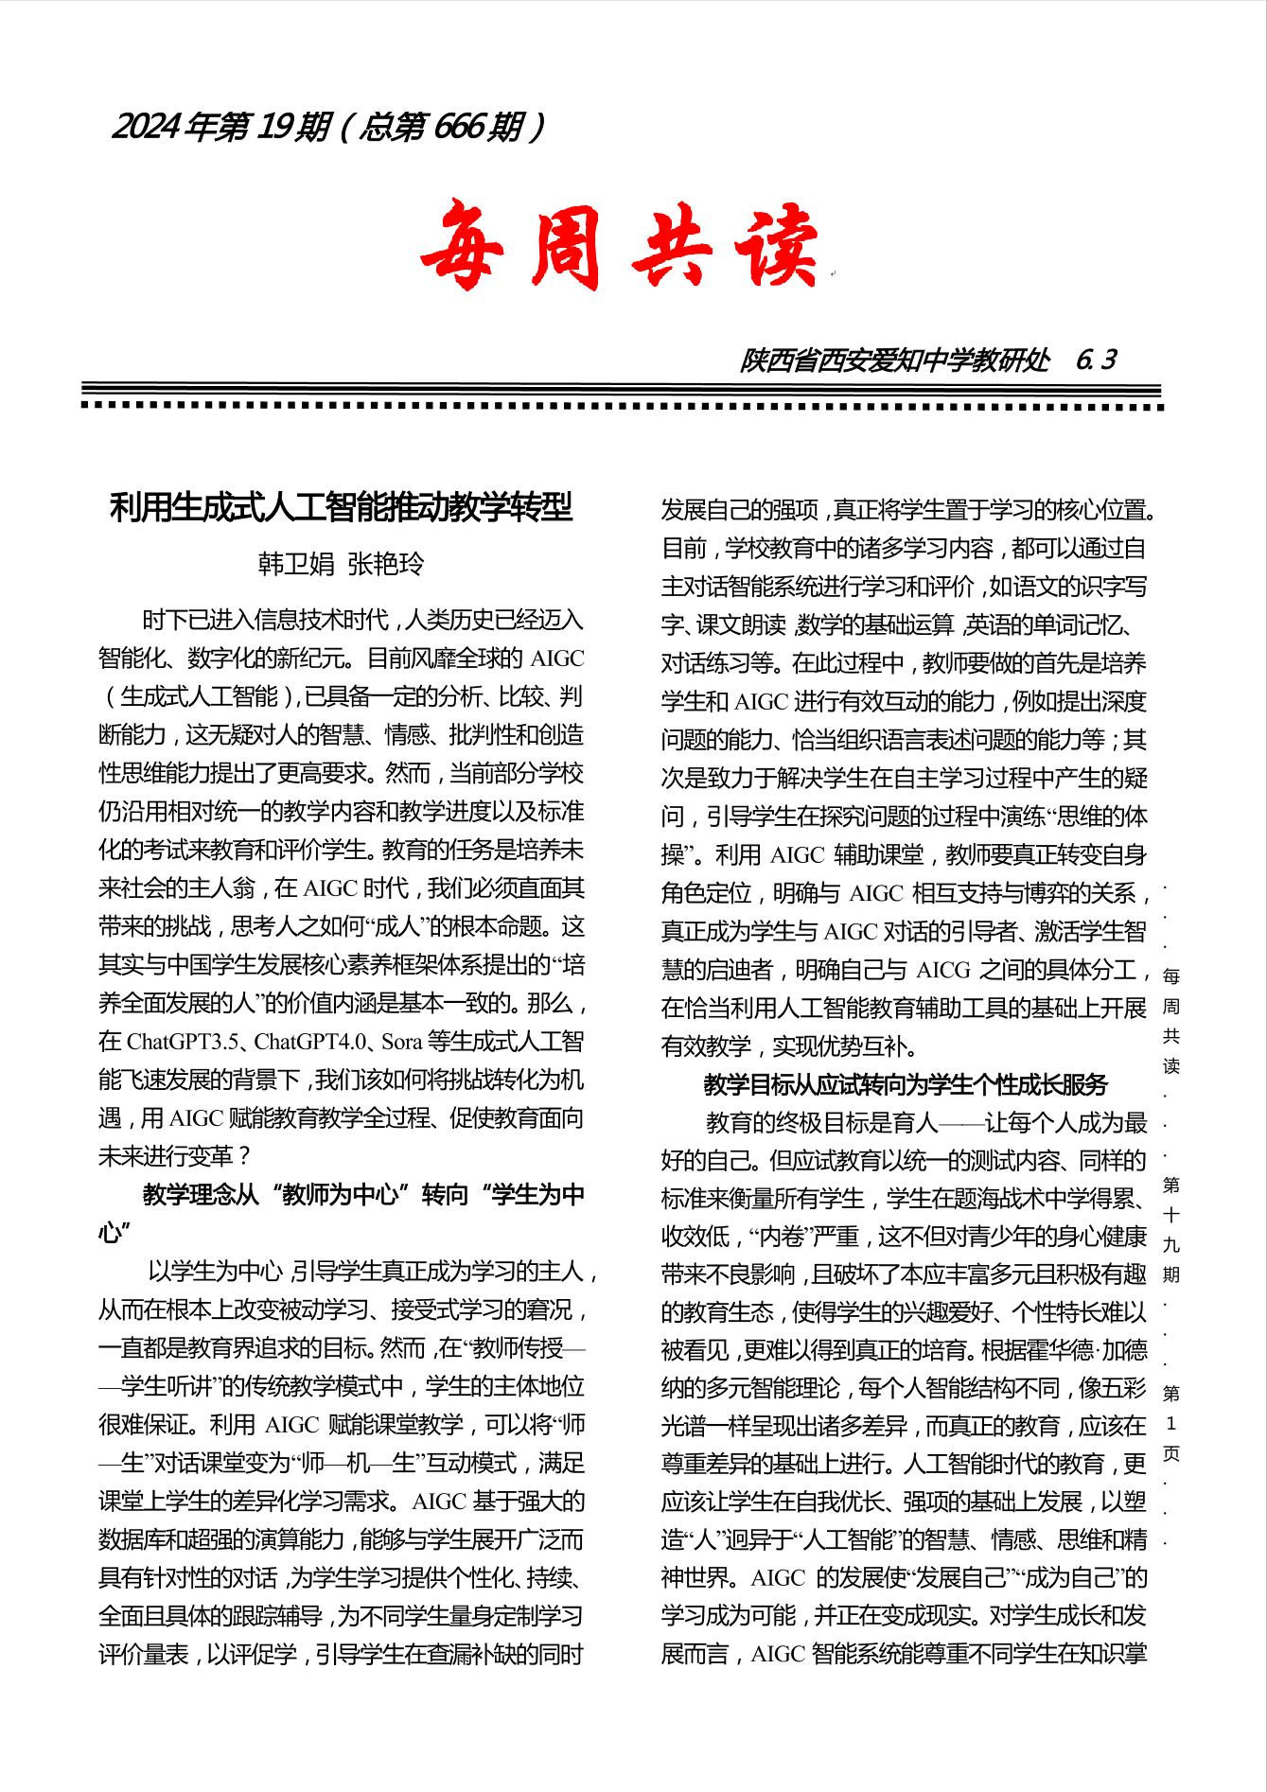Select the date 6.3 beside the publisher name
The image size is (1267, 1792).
click(x=1096, y=360)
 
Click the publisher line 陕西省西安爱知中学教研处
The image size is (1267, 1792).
click(x=894, y=360)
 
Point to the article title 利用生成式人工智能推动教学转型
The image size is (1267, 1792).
click(x=341, y=508)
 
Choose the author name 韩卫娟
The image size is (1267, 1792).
click(x=296, y=564)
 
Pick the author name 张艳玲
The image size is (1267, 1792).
click(x=386, y=564)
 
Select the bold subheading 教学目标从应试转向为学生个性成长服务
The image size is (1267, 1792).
click(x=906, y=1084)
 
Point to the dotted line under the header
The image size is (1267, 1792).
click(x=623, y=406)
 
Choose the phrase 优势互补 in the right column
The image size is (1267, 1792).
click(x=858, y=1046)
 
